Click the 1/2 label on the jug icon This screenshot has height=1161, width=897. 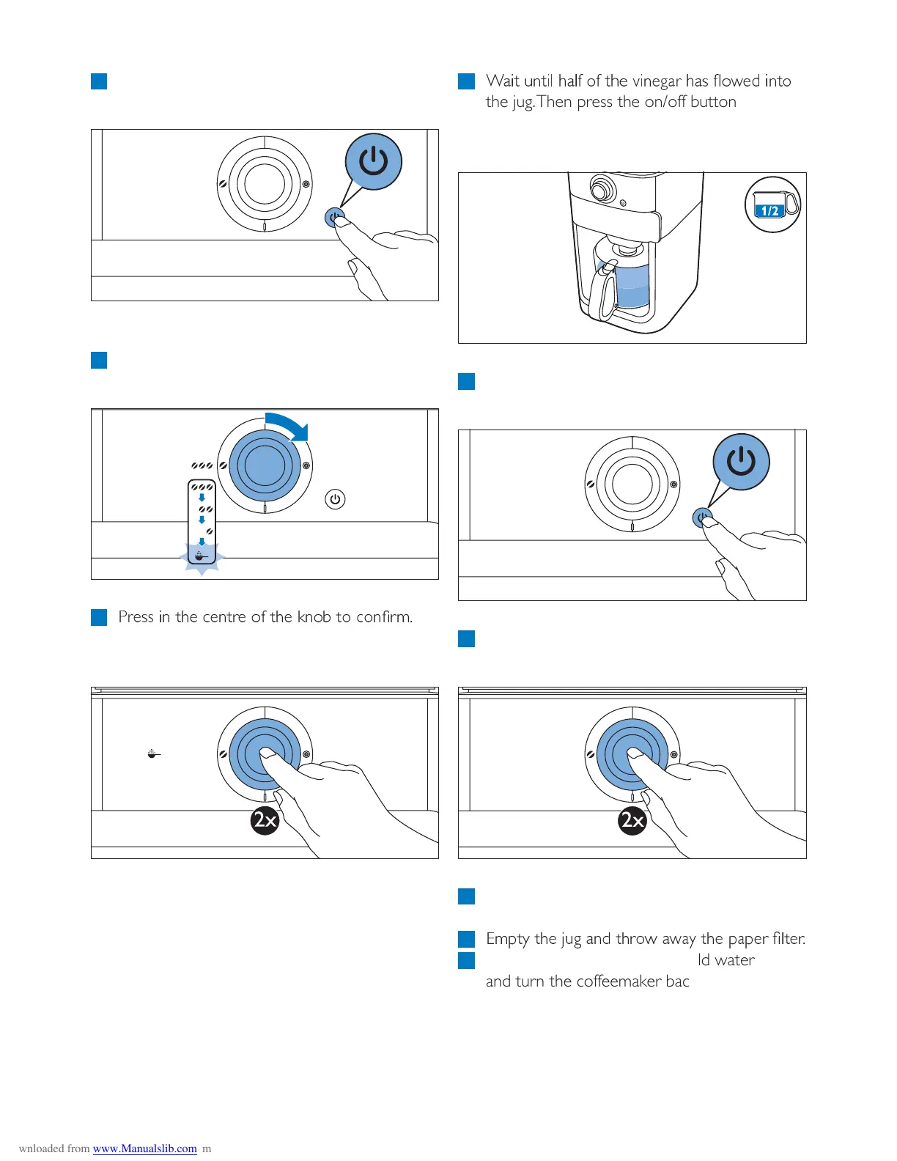coord(769,211)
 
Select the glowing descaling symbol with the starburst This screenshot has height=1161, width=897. coord(202,556)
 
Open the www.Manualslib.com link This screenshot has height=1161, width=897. coord(144,1149)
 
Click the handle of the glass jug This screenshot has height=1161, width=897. coord(606,293)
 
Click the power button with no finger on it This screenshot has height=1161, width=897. coord(335,499)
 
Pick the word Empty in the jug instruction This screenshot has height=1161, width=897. coord(508,939)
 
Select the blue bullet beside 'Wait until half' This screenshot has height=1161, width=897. coord(466,81)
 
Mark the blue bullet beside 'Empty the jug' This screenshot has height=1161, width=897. coord(466,939)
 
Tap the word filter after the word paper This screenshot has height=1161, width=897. coord(788,939)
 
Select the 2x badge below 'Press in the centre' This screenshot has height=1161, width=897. coord(265,819)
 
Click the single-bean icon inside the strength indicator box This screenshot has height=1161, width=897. coord(209,531)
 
